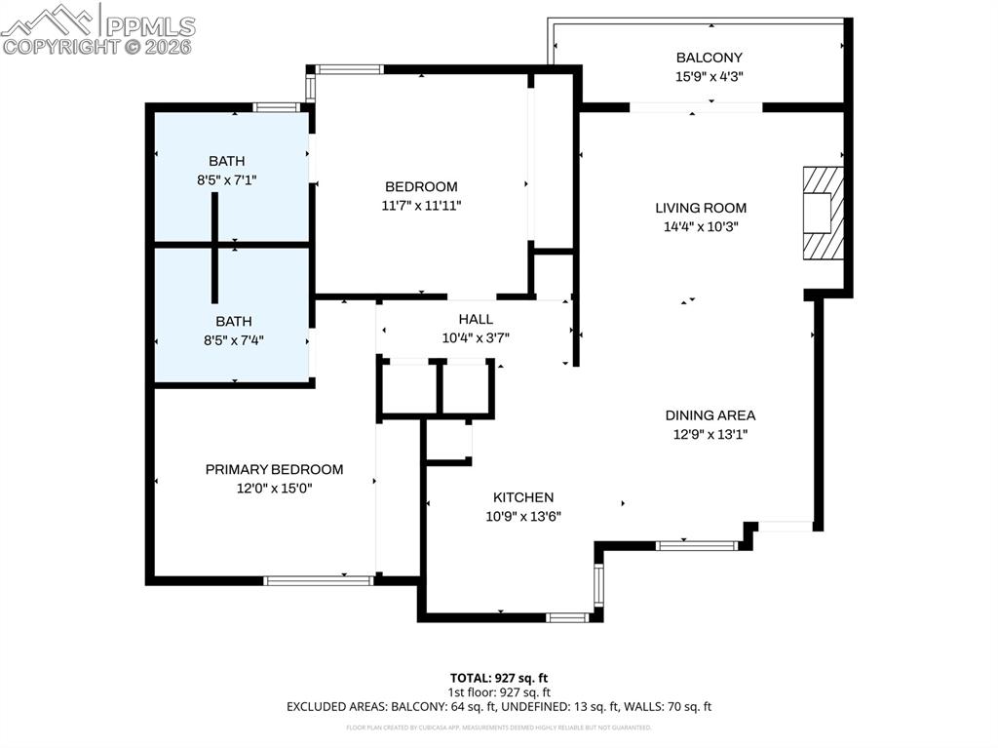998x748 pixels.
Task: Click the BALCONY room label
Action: [x=709, y=58]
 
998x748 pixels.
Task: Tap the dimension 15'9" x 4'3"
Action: [x=709, y=75]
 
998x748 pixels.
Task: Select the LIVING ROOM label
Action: [x=700, y=208]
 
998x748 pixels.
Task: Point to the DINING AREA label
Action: [x=710, y=415]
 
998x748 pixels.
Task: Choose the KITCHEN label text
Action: [x=522, y=497]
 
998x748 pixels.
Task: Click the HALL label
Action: [x=476, y=319]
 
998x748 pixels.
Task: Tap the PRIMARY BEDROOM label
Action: [x=274, y=469]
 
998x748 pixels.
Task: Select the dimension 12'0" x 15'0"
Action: [x=274, y=488]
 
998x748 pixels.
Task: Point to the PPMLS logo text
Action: [x=148, y=25]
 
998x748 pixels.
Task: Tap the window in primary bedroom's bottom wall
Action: [x=319, y=580]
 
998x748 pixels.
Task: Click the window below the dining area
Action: [x=696, y=545]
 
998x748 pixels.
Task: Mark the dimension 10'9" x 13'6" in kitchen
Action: [x=523, y=517]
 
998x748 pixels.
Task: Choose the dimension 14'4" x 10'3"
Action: [x=700, y=226]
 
